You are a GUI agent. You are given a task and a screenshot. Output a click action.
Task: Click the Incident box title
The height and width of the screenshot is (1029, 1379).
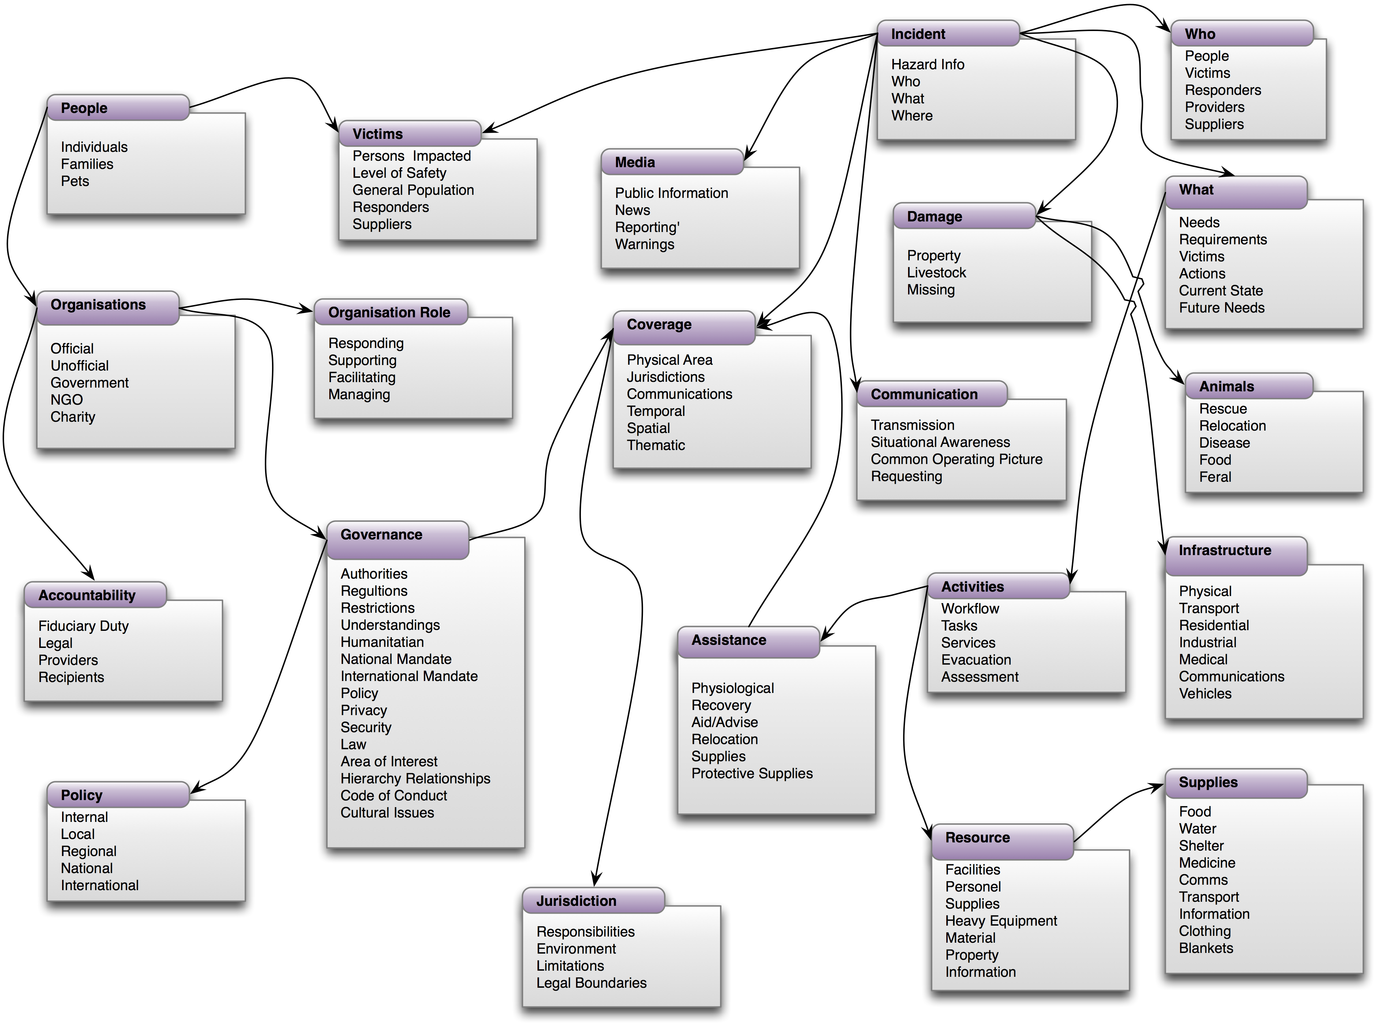click(918, 34)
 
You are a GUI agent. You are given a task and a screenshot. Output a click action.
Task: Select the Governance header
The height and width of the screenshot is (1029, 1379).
click(381, 535)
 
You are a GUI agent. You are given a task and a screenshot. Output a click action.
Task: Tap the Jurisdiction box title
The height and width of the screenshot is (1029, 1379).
click(576, 901)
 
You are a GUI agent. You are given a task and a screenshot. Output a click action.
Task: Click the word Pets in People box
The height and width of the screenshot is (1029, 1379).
click(75, 181)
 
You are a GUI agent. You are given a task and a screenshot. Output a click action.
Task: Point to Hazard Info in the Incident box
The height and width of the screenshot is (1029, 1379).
click(928, 65)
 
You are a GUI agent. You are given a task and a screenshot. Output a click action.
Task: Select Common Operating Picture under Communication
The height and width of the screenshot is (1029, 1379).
click(956, 460)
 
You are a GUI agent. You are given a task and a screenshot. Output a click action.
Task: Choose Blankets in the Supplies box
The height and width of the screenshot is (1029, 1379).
click(1206, 948)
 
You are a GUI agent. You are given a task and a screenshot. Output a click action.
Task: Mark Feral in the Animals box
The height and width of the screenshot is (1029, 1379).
click(1215, 477)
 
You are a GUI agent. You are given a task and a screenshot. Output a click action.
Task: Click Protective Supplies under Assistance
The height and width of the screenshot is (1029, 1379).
click(752, 773)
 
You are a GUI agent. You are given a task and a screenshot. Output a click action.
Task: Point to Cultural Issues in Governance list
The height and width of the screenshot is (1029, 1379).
click(387, 813)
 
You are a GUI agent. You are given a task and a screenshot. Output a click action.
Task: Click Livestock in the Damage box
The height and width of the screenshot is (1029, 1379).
click(936, 273)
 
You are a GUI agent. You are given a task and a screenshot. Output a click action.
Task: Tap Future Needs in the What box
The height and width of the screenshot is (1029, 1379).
click(1221, 308)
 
